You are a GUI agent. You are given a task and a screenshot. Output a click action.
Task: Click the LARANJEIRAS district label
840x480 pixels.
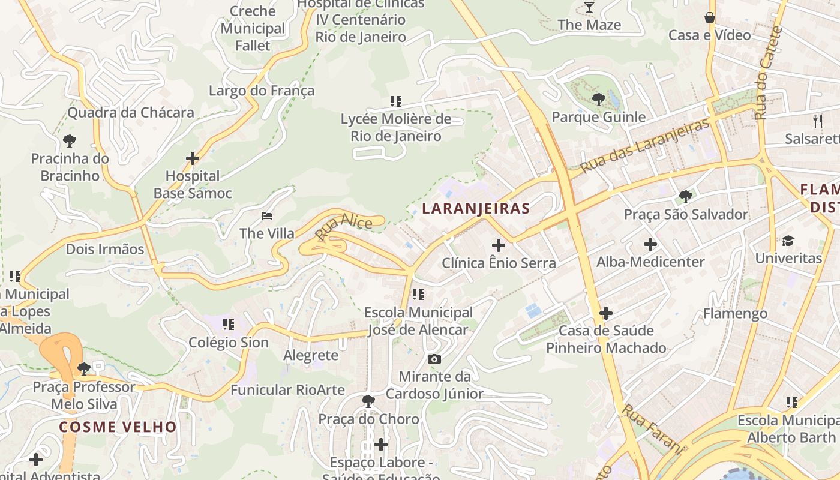click(x=476, y=209)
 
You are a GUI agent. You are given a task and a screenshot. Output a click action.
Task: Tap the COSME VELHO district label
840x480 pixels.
click(x=118, y=427)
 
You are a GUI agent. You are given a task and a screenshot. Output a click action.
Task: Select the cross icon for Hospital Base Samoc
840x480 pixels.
click(x=193, y=158)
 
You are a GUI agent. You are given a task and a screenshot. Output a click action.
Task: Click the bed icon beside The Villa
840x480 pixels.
click(x=267, y=216)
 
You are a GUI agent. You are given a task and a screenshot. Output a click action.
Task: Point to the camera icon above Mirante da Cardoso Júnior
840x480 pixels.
click(x=434, y=359)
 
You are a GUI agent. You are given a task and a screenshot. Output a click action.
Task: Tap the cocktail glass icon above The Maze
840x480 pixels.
click(x=589, y=7)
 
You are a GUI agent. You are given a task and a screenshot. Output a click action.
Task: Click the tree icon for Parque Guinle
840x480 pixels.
click(x=598, y=99)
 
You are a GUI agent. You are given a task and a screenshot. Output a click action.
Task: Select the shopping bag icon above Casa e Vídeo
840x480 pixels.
click(x=710, y=17)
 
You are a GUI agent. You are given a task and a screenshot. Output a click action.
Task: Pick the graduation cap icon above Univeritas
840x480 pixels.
click(x=788, y=241)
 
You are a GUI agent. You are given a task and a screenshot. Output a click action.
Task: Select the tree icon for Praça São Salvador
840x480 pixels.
click(x=686, y=196)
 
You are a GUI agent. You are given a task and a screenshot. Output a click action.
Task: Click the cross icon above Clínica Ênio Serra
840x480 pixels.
click(x=498, y=245)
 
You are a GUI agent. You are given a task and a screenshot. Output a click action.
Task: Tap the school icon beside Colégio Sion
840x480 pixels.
click(x=229, y=325)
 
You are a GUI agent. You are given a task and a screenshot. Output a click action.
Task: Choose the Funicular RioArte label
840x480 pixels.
click(x=288, y=390)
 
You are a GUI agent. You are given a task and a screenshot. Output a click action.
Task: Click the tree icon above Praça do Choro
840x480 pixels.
click(x=368, y=401)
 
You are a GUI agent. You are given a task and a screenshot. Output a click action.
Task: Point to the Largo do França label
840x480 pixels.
click(x=262, y=91)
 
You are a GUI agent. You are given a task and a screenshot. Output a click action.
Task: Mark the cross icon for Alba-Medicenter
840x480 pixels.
click(x=650, y=244)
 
